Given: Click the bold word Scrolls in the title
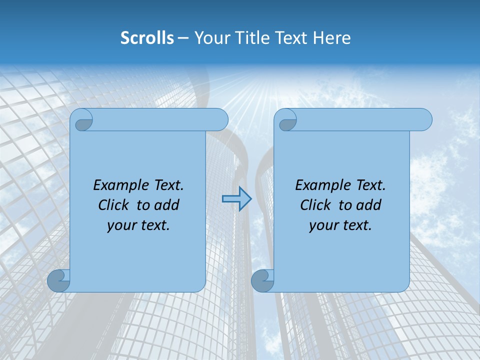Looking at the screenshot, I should click(147, 38).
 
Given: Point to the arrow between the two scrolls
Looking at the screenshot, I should click(236, 199).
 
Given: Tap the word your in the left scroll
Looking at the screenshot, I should click(121, 225).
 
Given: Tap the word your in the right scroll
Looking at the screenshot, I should click(323, 225).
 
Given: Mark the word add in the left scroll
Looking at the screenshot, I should click(167, 205).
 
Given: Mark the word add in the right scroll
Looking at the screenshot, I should click(369, 205).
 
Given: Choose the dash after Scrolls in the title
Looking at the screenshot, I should click(183, 38).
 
